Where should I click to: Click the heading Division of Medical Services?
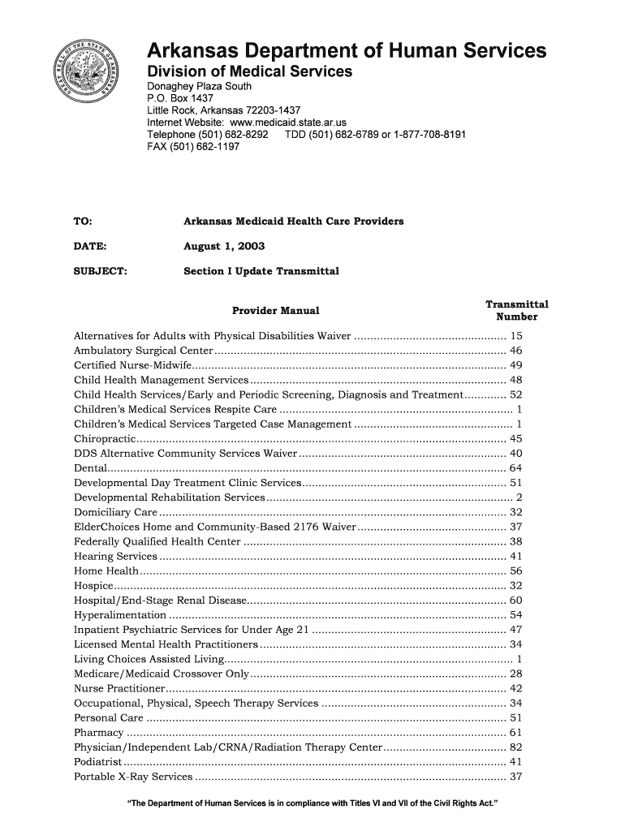click(248, 72)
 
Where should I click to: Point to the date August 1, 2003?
click(224, 246)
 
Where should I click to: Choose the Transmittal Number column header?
click(516, 311)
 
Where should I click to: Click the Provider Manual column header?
click(275, 311)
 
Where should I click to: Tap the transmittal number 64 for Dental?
click(515, 468)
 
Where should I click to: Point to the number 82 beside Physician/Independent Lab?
click(515, 747)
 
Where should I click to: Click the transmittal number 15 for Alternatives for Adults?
click(515, 336)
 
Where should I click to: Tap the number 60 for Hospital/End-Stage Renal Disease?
click(515, 600)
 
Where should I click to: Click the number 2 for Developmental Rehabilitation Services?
click(518, 497)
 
